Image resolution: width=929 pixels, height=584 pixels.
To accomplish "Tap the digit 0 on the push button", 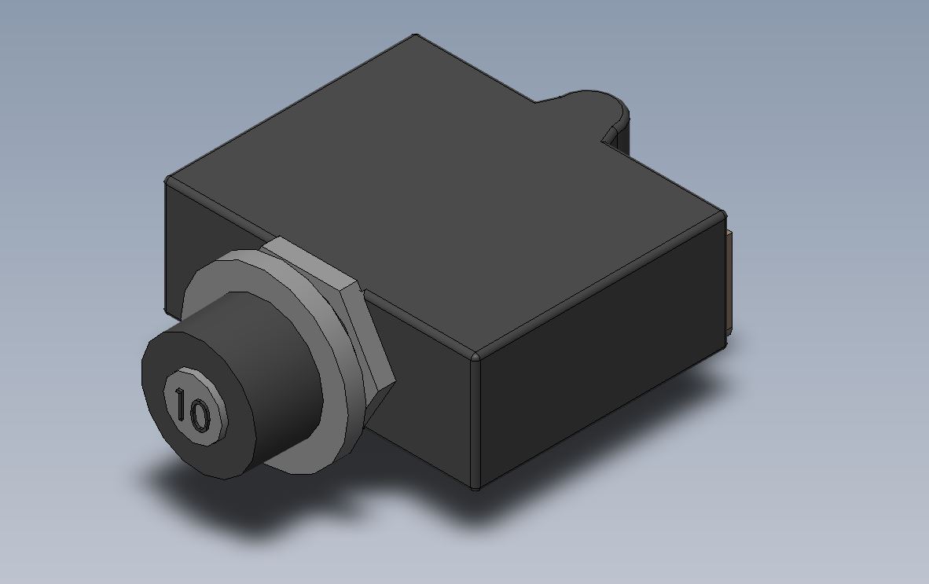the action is point(199,415).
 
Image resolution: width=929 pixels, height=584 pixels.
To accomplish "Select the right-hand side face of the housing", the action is point(598,355).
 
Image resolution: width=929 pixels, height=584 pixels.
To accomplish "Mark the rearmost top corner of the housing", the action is point(416,35).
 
